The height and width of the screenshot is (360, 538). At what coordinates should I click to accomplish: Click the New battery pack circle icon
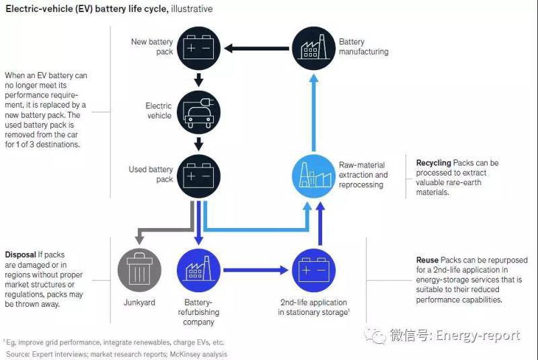click(198, 48)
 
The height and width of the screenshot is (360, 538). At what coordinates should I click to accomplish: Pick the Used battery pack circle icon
click(198, 177)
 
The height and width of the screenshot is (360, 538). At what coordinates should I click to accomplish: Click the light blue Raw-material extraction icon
click(313, 177)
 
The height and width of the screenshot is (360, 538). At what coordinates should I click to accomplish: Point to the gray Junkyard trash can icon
click(139, 270)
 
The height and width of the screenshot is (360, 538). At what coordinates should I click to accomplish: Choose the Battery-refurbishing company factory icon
click(198, 270)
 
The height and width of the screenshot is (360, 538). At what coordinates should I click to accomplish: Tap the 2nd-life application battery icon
click(313, 270)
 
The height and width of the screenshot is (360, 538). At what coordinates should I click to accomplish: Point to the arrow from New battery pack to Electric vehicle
click(198, 81)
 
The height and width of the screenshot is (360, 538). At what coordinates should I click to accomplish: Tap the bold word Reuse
click(427, 260)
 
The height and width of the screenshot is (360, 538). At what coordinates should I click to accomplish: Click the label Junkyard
click(139, 303)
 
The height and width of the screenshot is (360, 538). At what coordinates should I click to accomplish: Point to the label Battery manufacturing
click(363, 46)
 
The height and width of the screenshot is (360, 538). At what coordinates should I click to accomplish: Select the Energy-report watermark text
click(477, 335)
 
